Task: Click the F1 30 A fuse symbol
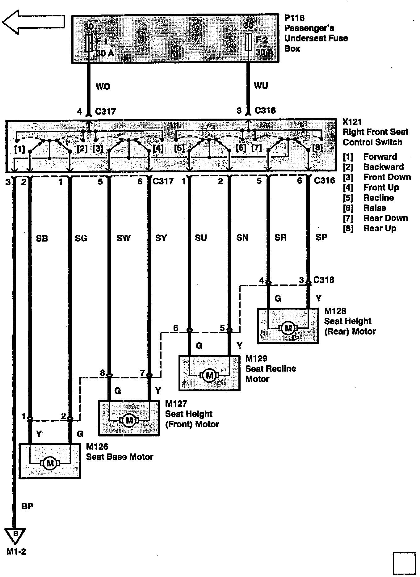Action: [x=89, y=43]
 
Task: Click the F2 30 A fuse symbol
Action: [x=248, y=42]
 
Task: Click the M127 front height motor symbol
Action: [x=129, y=420]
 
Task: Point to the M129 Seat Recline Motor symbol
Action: [x=209, y=375]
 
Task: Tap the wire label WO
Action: [x=103, y=86]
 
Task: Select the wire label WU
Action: [x=261, y=86]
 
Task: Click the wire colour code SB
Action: [x=42, y=238]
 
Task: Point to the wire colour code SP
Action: [x=321, y=237]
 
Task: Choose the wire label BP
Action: [x=27, y=506]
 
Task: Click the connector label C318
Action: [x=324, y=280]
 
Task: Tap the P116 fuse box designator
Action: [x=294, y=18]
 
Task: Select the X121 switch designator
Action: [x=352, y=122]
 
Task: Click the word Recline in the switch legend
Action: [x=378, y=198]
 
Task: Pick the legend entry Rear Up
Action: [x=380, y=228]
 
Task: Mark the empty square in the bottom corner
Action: [x=404, y=564]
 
